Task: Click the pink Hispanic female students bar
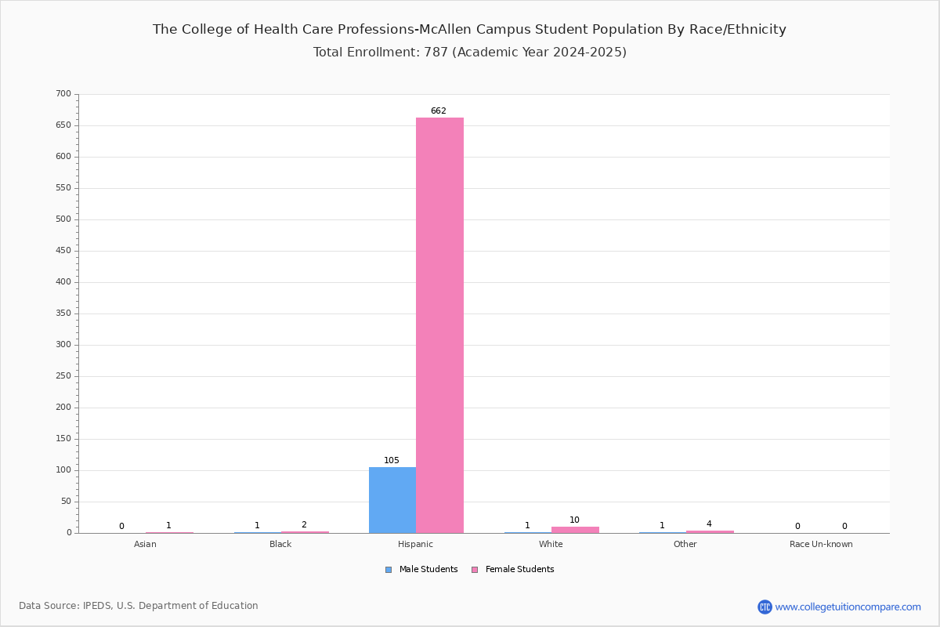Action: [x=439, y=325]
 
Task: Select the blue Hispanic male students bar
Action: [x=392, y=500]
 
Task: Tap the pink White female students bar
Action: [x=575, y=530]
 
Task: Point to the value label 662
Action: [x=439, y=111]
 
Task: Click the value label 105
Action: [x=392, y=460]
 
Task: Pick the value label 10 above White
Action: [x=574, y=520]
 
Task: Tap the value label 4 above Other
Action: [x=709, y=524]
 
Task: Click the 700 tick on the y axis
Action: [x=63, y=93]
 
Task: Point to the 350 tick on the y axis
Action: [x=63, y=313]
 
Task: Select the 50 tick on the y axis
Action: [x=67, y=502]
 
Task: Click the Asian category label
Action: [x=145, y=544]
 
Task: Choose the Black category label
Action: [x=280, y=544]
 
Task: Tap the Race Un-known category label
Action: [x=821, y=544]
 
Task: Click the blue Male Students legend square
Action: [x=389, y=570]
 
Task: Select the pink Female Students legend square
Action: [x=475, y=570]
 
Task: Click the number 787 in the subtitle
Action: [x=436, y=52]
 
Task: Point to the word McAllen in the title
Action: [x=448, y=30]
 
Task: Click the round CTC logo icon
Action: [x=765, y=607]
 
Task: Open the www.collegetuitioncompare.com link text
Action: [x=848, y=607]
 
